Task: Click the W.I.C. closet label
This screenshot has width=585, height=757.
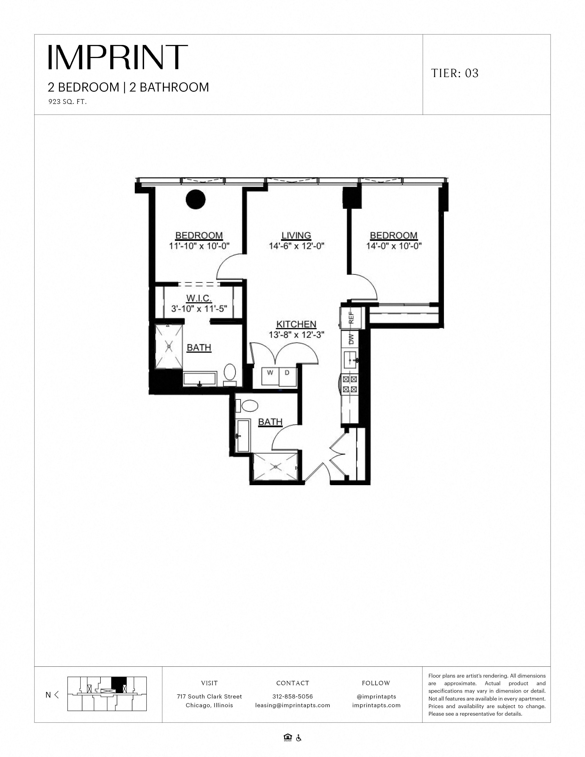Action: [x=199, y=298]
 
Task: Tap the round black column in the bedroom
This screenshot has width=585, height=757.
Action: [x=196, y=199]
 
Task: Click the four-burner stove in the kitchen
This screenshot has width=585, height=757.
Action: [x=350, y=384]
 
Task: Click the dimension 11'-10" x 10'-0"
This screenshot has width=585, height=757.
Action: [x=199, y=246]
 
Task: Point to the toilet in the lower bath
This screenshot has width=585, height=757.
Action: [x=249, y=406]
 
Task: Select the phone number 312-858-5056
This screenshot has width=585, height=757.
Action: [x=292, y=696]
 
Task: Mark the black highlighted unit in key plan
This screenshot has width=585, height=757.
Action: [x=119, y=685]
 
